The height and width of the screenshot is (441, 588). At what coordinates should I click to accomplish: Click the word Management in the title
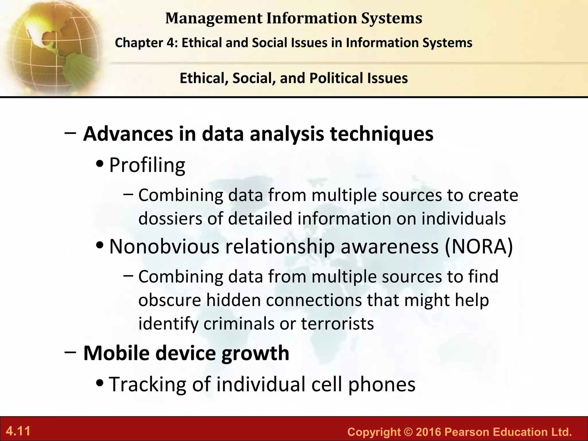pos(214,18)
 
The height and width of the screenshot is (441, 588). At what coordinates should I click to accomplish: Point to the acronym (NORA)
pos(479,246)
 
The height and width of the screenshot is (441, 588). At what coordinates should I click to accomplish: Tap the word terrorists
pos(337,324)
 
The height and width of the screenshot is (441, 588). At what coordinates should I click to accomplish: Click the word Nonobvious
pos(164,246)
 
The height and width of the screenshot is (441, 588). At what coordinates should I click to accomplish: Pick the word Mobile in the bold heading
pos(116,353)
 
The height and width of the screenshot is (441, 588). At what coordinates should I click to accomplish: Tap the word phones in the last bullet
pos(382,384)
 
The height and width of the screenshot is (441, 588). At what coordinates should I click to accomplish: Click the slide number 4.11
pos(18,431)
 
